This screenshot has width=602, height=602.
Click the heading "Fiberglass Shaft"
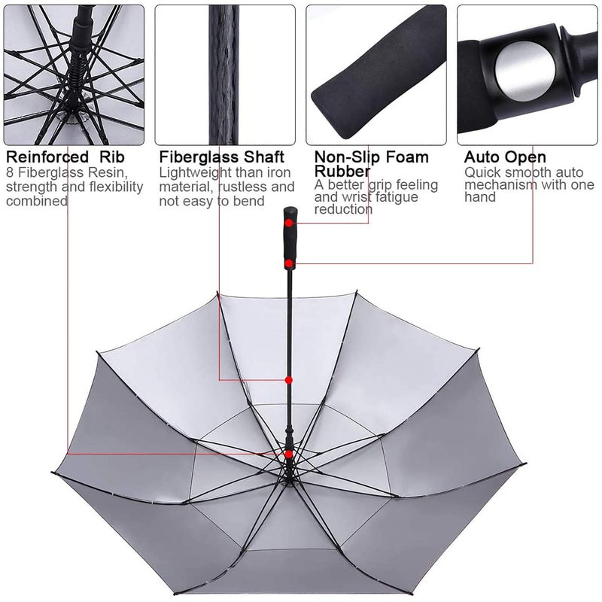(222, 157)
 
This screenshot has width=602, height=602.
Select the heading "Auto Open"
(504, 157)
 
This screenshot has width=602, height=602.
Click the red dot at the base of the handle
(289, 263)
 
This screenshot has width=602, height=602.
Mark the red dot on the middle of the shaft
(289, 380)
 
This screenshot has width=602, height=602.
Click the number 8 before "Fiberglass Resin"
(10, 172)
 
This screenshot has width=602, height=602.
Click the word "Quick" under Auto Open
(482, 172)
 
